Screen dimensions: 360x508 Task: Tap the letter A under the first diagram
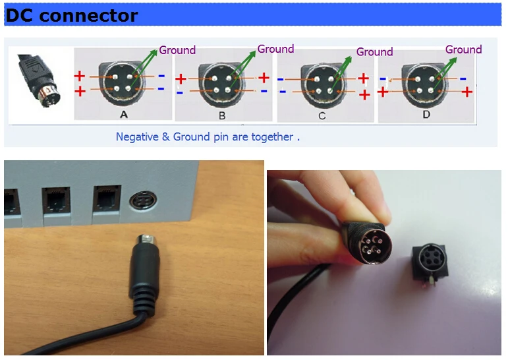123,114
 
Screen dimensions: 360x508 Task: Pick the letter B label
222,115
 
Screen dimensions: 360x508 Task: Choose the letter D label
426,114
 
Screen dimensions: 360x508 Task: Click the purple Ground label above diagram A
177,50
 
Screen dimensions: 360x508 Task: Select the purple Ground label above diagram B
275,49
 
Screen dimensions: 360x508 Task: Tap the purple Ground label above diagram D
463,49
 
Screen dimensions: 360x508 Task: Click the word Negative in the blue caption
140,137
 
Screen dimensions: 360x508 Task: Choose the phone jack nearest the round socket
105,198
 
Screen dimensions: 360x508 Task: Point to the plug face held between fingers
374,243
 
